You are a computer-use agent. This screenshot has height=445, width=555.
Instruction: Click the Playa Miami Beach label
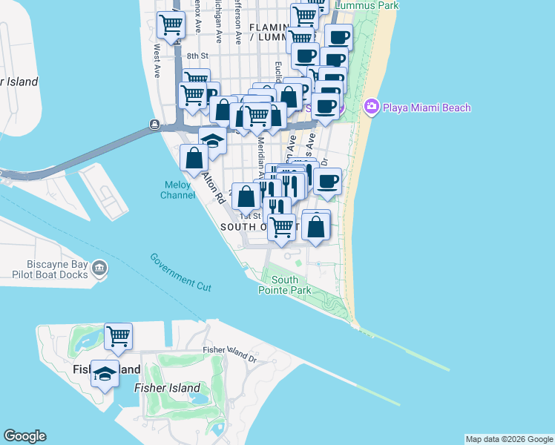[427, 108]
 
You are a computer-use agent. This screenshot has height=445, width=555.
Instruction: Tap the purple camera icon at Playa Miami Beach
[372, 108]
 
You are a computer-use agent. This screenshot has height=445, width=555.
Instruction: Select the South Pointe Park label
[291, 286]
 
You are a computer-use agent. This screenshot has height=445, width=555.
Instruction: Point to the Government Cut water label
[180, 271]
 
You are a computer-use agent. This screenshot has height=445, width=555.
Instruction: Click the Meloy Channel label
[178, 190]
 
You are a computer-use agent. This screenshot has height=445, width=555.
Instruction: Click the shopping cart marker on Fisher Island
[118, 337]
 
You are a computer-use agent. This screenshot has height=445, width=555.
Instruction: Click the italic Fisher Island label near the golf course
[167, 388]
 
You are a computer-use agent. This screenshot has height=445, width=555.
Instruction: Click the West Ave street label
[157, 62]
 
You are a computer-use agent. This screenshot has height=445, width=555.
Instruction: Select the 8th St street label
[199, 56]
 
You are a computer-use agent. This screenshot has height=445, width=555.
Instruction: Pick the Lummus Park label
[367, 5]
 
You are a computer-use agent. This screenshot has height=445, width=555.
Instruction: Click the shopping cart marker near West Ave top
[171, 26]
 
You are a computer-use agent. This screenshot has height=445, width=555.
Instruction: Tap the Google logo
[24, 436]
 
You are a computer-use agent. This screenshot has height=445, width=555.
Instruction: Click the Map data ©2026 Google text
[509, 439]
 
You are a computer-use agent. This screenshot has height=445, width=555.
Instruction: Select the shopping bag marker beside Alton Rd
[194, 157]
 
